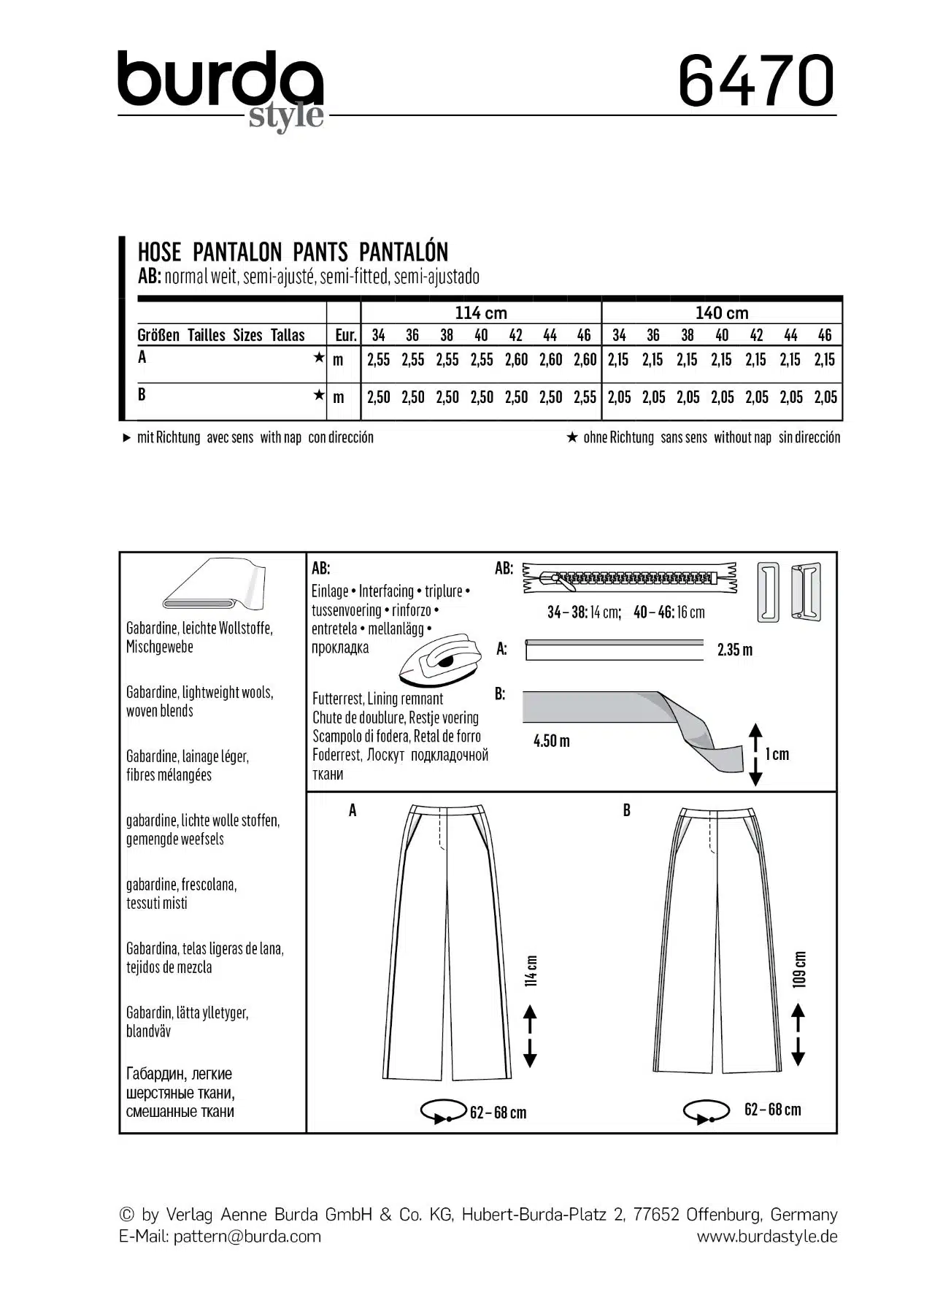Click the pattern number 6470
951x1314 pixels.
[756, 80]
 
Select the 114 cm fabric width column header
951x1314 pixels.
[480, 312]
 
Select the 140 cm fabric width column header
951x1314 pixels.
[721, 312]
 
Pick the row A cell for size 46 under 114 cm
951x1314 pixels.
[585, 359]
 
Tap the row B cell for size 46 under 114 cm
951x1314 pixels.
[585, 397]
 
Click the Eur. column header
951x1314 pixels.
[345, 335]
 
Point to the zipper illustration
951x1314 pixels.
[629, 578]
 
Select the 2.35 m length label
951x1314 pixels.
[734, 650]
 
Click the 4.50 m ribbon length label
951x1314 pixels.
[551, 741]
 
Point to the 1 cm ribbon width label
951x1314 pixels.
[777, 754]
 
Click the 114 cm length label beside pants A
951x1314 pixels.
[531, 971]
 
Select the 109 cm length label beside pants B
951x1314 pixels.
[799, 969]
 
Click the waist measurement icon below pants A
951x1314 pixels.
[442, 1112]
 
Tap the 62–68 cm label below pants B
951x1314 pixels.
[772, 1110]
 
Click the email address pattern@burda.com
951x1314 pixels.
[247, 1236]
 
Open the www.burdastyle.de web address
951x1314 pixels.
[766, 1236]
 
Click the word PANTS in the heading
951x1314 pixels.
[320, 252]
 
